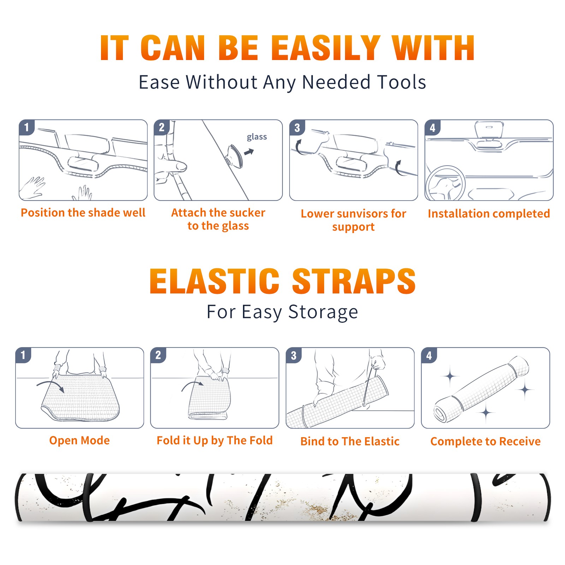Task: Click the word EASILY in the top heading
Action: click(x=326, y=48)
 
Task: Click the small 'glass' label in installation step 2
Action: click(x=257, y=137)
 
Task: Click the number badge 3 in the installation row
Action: click(x=297, y=127)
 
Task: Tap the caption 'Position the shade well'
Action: click(x=83, y=213)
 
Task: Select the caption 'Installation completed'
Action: click(x=489, y=214)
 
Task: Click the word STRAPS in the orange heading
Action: click(x=354, y=281)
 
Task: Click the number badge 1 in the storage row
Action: click(x=23, y=355)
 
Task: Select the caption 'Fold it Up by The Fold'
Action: click(x=215, y=441)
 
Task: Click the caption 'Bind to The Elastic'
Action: click(x=350, y=441)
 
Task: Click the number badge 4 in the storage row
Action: click(x=429, y=355)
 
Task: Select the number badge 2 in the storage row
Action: click(x=158, y=355)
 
